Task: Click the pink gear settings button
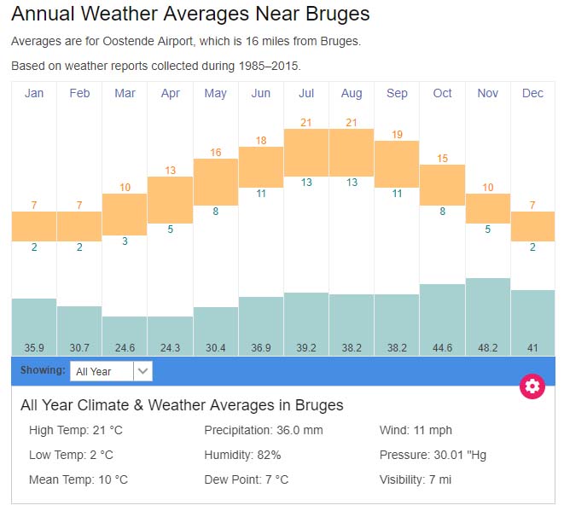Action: click(532, 386)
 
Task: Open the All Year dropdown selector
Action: click(113, 371)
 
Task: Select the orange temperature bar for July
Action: click(306, 153)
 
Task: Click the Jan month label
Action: click(34, 93)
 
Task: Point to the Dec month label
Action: click(532, 93)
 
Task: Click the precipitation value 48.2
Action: click(487, 348)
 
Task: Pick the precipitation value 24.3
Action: click(170, 348)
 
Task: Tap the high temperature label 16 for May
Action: click(215, 153)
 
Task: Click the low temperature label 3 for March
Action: click(125, 241)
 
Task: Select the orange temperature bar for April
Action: click(170, 200)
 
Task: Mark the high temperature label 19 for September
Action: click(397, 135)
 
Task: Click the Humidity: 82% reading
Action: click(242, 455)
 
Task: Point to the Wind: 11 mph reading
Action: click(416, 430)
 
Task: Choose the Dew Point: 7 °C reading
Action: click(246, 479)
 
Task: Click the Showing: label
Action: click(43, 371)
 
